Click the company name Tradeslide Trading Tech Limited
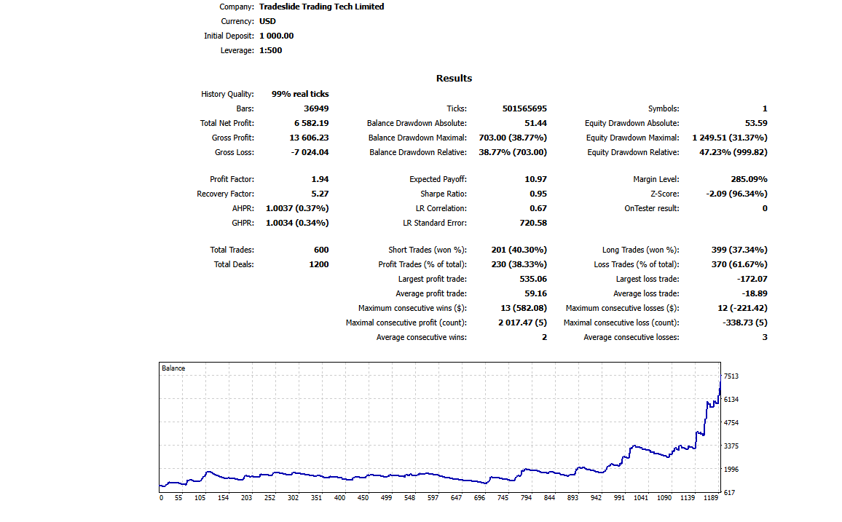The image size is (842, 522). click(x=321, y=7)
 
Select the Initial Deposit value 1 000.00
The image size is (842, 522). click(x=277, y=36)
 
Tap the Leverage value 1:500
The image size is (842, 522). click(x=270, y=50)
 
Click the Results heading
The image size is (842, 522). click(x=454, y=78)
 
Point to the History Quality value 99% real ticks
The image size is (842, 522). click(x=300, y=94)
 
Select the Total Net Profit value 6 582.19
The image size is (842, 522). click(x=311, y=123)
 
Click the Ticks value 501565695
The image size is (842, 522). click(x=524, y=108)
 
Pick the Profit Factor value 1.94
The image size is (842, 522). click(x=320, y=179)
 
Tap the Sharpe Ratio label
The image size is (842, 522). click(x=444, y=194)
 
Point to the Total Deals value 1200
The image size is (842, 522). click(x=318, y=264)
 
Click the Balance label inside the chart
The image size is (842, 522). click(x=173, y=368)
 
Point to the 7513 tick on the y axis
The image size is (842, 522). click(x=731, y=376)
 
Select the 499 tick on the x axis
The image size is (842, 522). click(x=386, y=498)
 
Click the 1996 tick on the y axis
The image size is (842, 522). click(x=731, y=470)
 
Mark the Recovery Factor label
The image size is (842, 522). click(x=225, y=194)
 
